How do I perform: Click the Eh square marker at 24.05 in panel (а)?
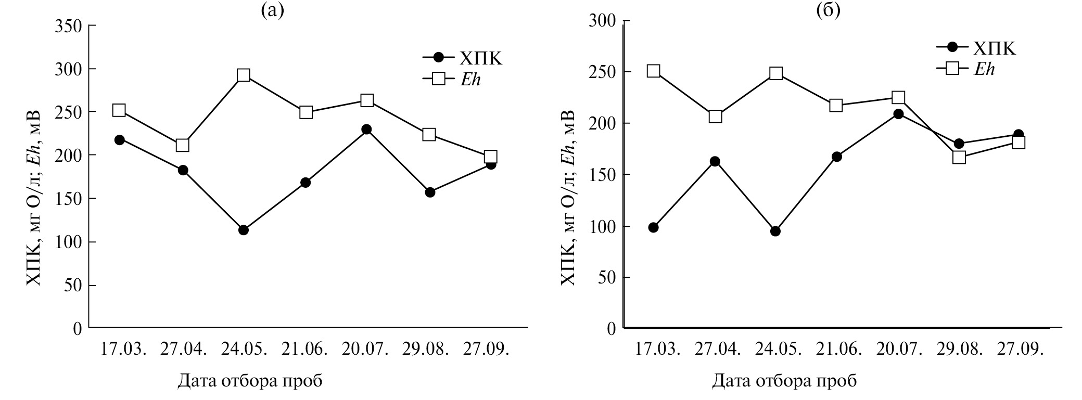pyautogui.click(x=243, y=75)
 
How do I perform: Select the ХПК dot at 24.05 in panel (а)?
pyautogui.click(x=243, y=230)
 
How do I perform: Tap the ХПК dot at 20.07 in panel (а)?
pyautogui.click(x=366, y=129)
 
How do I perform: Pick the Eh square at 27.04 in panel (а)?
pyautogui.click(x=183, y=145)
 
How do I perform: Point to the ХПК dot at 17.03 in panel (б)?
pyautogui.click(x=653, y=227)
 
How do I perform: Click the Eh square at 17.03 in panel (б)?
pyautogui.click(x=653, y=71)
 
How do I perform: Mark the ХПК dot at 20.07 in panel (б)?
pyautogui.click(x=898, y=114)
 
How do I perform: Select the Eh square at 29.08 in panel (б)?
pyautogui.click(x=959, y=157)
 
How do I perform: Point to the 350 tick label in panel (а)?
pyautogui.click(x=68, y=26)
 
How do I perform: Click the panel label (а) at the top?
pyautogui.click(x=272, y=10)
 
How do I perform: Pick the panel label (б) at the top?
pyautogui.click(x=828, y=10)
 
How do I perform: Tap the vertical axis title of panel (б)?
pyautogui.click(x=568, y=198)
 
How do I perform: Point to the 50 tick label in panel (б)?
pyautogui.click(x=607, y=278)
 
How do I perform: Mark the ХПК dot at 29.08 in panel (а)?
pyautogui.click(x=430, y=192)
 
